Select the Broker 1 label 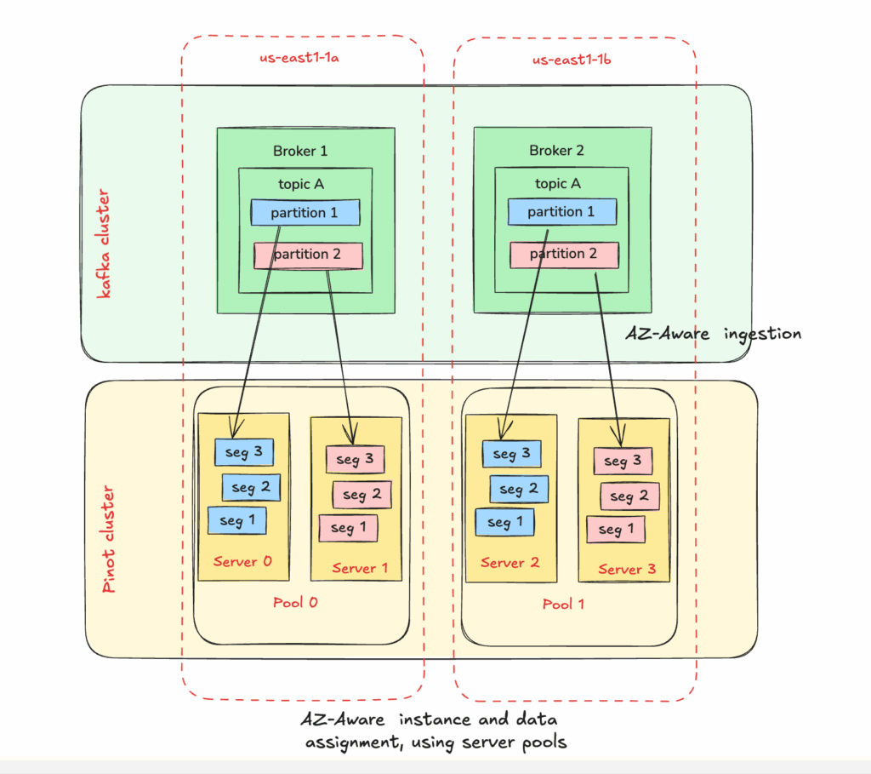(x=300, y=151)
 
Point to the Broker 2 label (x=557, y=151)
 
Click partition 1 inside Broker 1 (x=305, y=213)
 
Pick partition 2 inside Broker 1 (x=308, y=255)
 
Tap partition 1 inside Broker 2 (x=561, y=212)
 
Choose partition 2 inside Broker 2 (x=564, y=254)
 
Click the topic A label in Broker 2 (x=558, y=183)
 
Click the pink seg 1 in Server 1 (x=348, y=528)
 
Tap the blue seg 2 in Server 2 (x=517, y=489)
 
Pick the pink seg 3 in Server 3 (x=623, y=462)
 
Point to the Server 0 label (x=242, y=561)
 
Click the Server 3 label (x=626, y=569)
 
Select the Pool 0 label (x=295, y=603)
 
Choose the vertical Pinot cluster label (x=110, y=540)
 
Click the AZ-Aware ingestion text (x=713, y=333)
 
